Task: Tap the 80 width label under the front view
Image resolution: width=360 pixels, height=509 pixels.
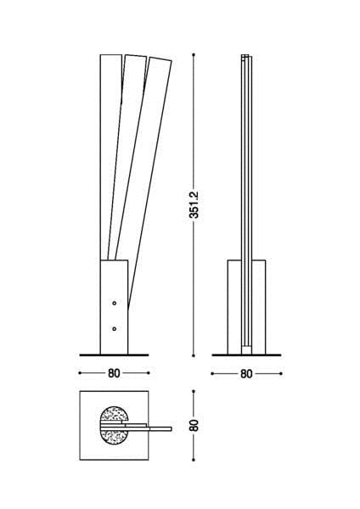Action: pyautogui.click(x=114, y=372)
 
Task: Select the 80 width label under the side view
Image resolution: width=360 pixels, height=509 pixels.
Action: pyautogui.click(x=246, y=372)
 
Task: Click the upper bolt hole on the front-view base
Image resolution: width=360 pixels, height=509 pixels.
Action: pyautogui.click(x=114, y=302)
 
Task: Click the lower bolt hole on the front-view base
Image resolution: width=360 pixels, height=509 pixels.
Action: pyautogui.click(x=114, y=327)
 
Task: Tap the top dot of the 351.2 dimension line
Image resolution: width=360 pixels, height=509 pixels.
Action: pyautogui.click(x=194, y=53)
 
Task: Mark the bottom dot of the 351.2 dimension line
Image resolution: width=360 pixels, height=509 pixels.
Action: pyautogui.click(x=194, y=355)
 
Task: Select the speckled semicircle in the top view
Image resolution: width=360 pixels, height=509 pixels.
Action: pyautogui.click(x=113, y=424)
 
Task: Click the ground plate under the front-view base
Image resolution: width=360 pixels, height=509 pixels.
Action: pyautogui.click(x=114, y=355)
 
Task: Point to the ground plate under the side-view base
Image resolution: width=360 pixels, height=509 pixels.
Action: pyautogui.click(x=246, y=355)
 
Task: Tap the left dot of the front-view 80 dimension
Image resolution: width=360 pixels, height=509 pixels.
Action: pyautogui.click(x=80, y=372)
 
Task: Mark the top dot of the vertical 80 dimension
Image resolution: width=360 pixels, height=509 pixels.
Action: pyautogui.click(x=194, y=391)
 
